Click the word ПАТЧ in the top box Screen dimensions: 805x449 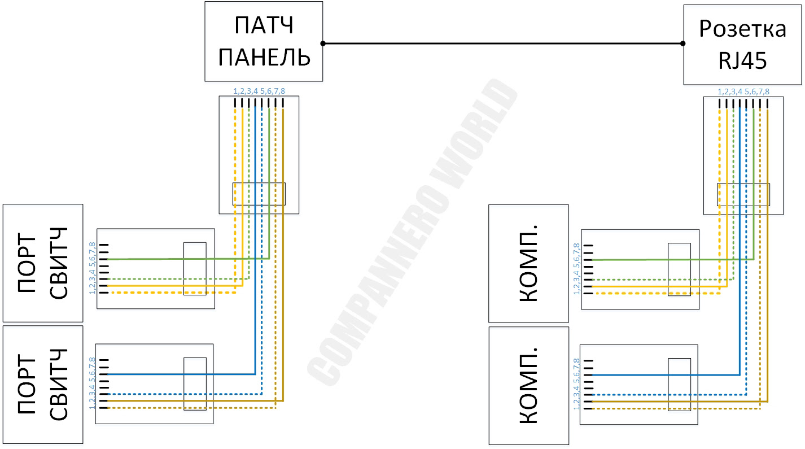click(264, 25)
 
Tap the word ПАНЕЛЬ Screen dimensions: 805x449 click(264, 57)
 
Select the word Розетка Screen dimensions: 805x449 click(742, 29)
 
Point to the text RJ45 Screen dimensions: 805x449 click(742, 60)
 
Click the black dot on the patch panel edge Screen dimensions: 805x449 click(323, 43)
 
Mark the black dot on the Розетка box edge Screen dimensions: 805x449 click(683, 43)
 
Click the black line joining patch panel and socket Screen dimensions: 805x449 click(503, 43)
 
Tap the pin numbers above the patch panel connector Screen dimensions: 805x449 click(259, 91)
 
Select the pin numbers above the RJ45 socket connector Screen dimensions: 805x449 click(743, 91)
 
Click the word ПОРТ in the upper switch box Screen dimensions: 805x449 click(27, 263)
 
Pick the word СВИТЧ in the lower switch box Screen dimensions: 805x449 click(58, 385)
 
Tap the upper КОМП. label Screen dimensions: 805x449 click(528, 264)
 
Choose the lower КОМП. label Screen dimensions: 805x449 click(528, 386)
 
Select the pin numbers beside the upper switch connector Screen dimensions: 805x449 click(93, 268)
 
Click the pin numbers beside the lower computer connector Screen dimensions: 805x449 click(577, 384)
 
